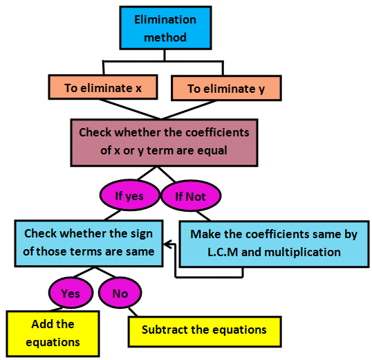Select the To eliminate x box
pos(104,88)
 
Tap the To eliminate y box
pos(225,89)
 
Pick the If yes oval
pos(129,196)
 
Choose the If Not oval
pos(189,196)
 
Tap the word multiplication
pos(302,252)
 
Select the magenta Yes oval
pos(71,294)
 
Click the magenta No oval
pos(120,294)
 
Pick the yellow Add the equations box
pos(53,333)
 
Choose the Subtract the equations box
pos(204,330)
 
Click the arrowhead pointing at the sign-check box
pos(167,243)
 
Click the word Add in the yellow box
pos(43,324)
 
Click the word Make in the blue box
pos(205,234)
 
